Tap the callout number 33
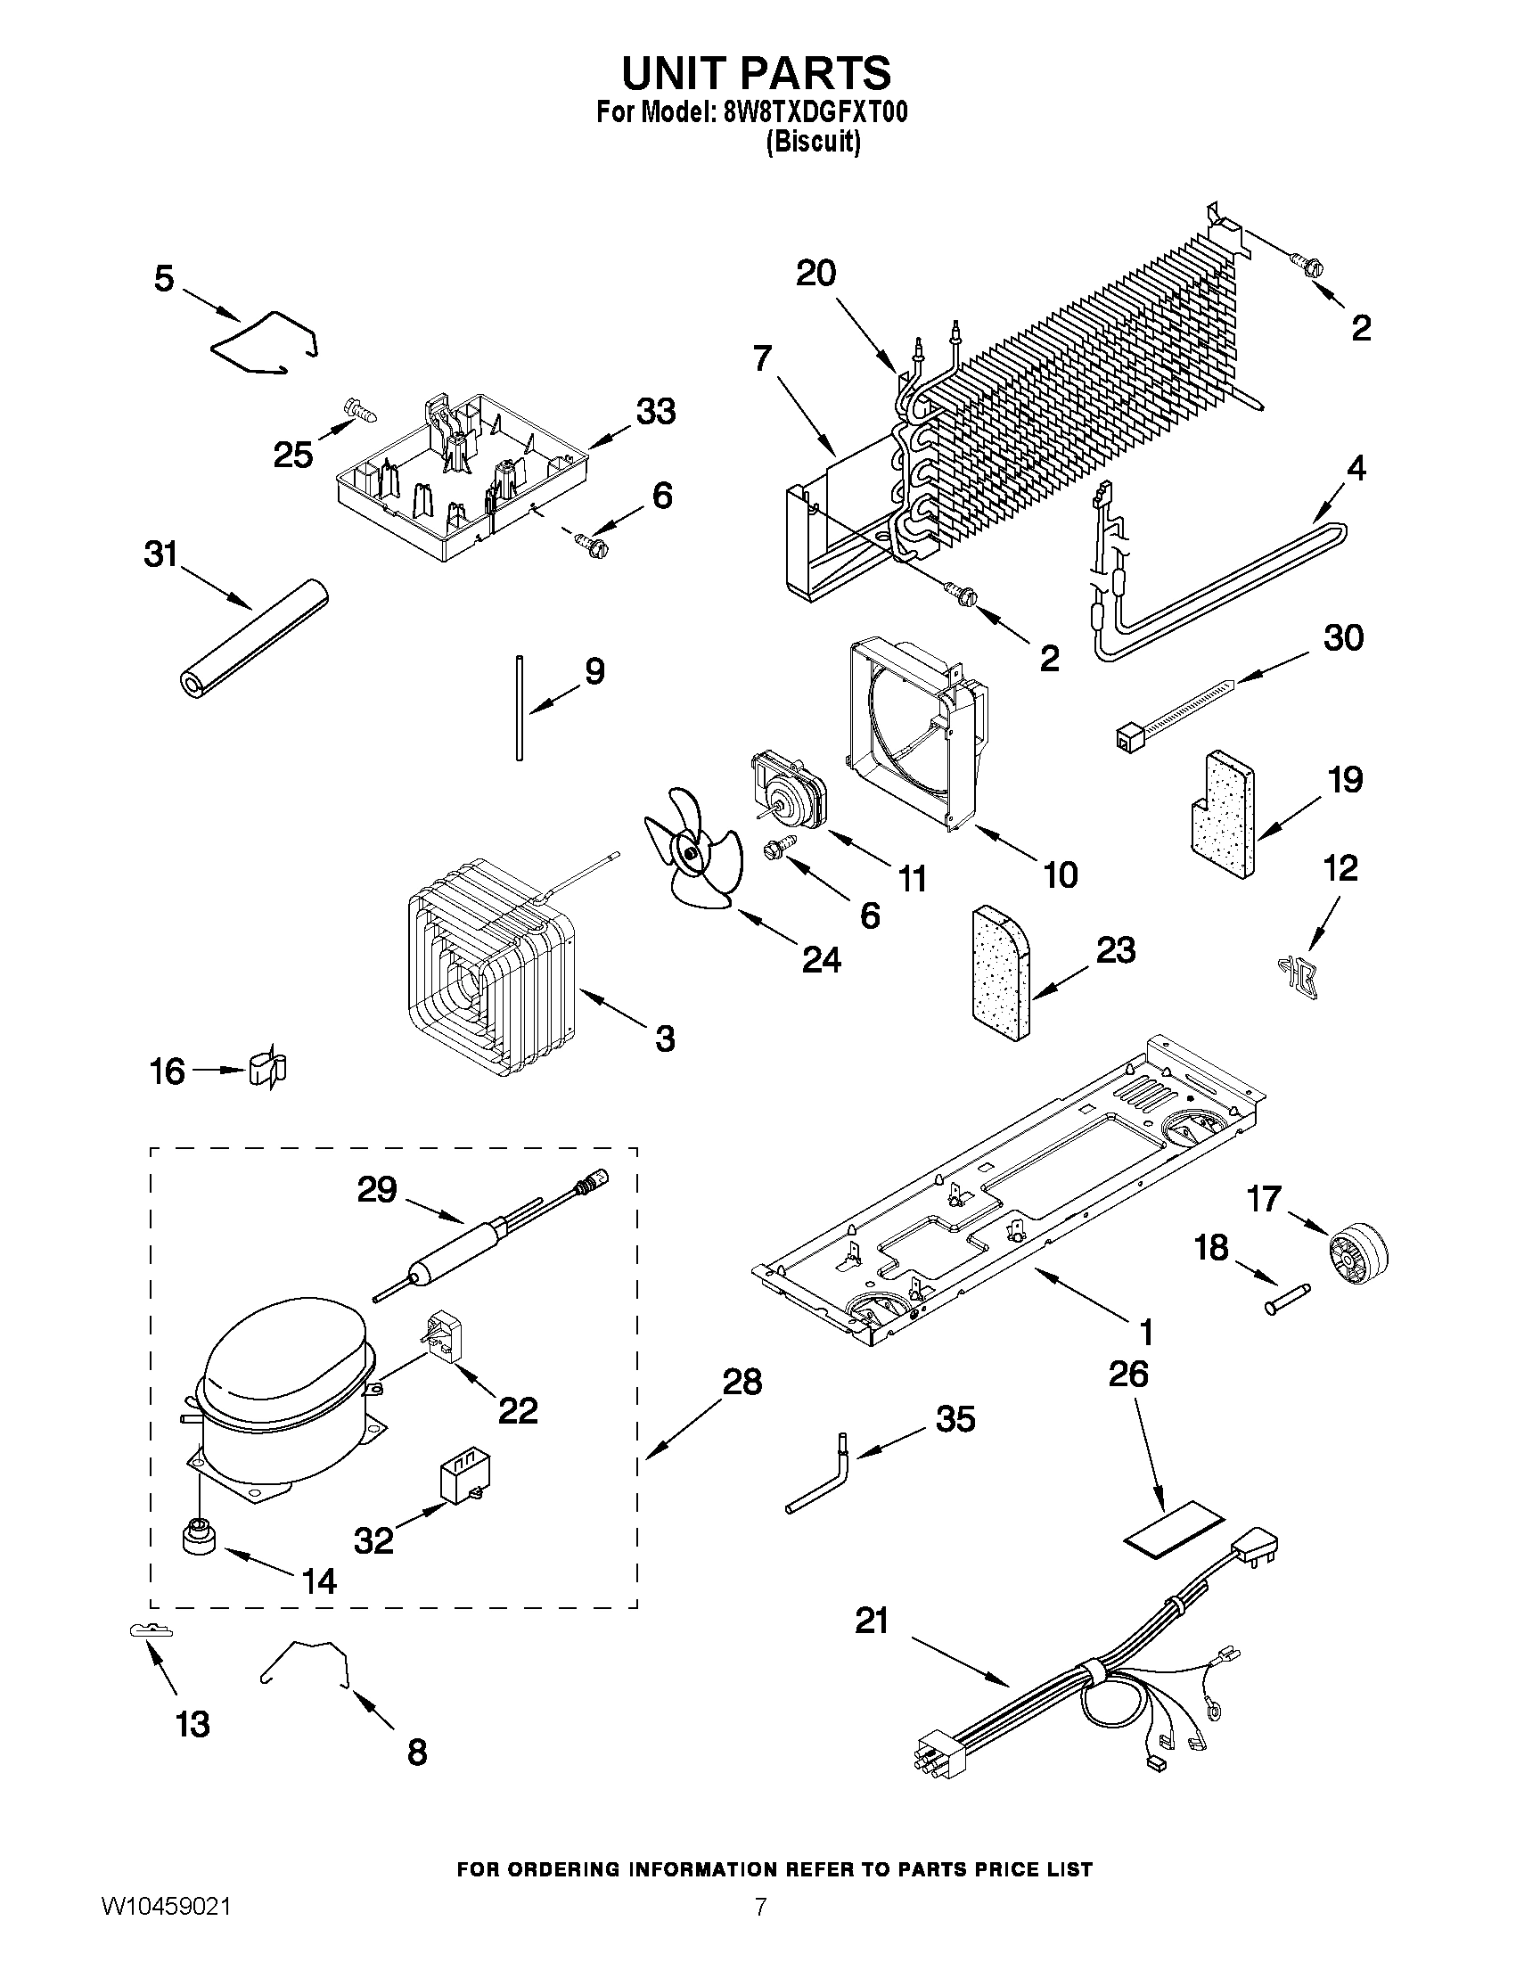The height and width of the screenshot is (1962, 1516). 656,413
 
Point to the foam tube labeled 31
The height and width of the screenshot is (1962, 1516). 250,639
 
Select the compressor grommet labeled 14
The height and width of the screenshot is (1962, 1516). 197,1535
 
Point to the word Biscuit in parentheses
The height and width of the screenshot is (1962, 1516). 813,142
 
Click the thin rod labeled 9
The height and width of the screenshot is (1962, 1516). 519,708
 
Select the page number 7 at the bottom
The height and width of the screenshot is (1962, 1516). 760,1928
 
